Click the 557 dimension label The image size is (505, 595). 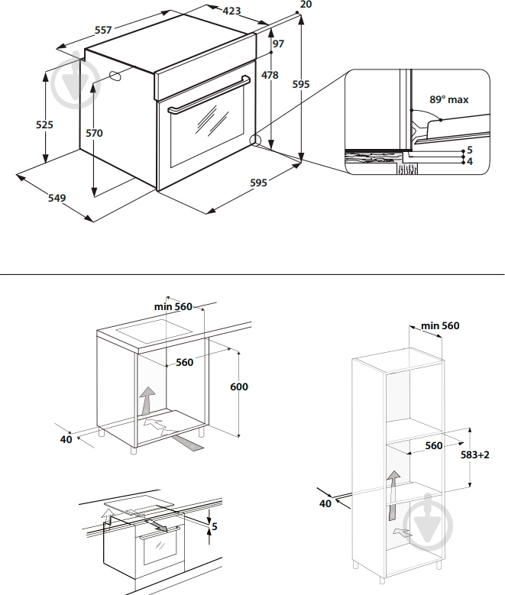(x=102, y=30)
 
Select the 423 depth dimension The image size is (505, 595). (x=231, y=11)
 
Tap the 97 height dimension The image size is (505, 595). (x=278, y=44)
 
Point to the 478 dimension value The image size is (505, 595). (x=270, y=75)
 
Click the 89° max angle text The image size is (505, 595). (x=448, y=99)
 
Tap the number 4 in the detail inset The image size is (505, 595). (x=470, y=162)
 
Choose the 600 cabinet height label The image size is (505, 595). (x=238, y=386)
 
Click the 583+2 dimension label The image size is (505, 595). (x=474, y=454)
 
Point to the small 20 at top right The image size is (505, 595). (x=306, y=5)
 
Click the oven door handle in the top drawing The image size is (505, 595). (x=209, y=95)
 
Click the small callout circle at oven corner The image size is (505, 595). (x=254, y=141)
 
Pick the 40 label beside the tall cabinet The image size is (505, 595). (x=326, y=503)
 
